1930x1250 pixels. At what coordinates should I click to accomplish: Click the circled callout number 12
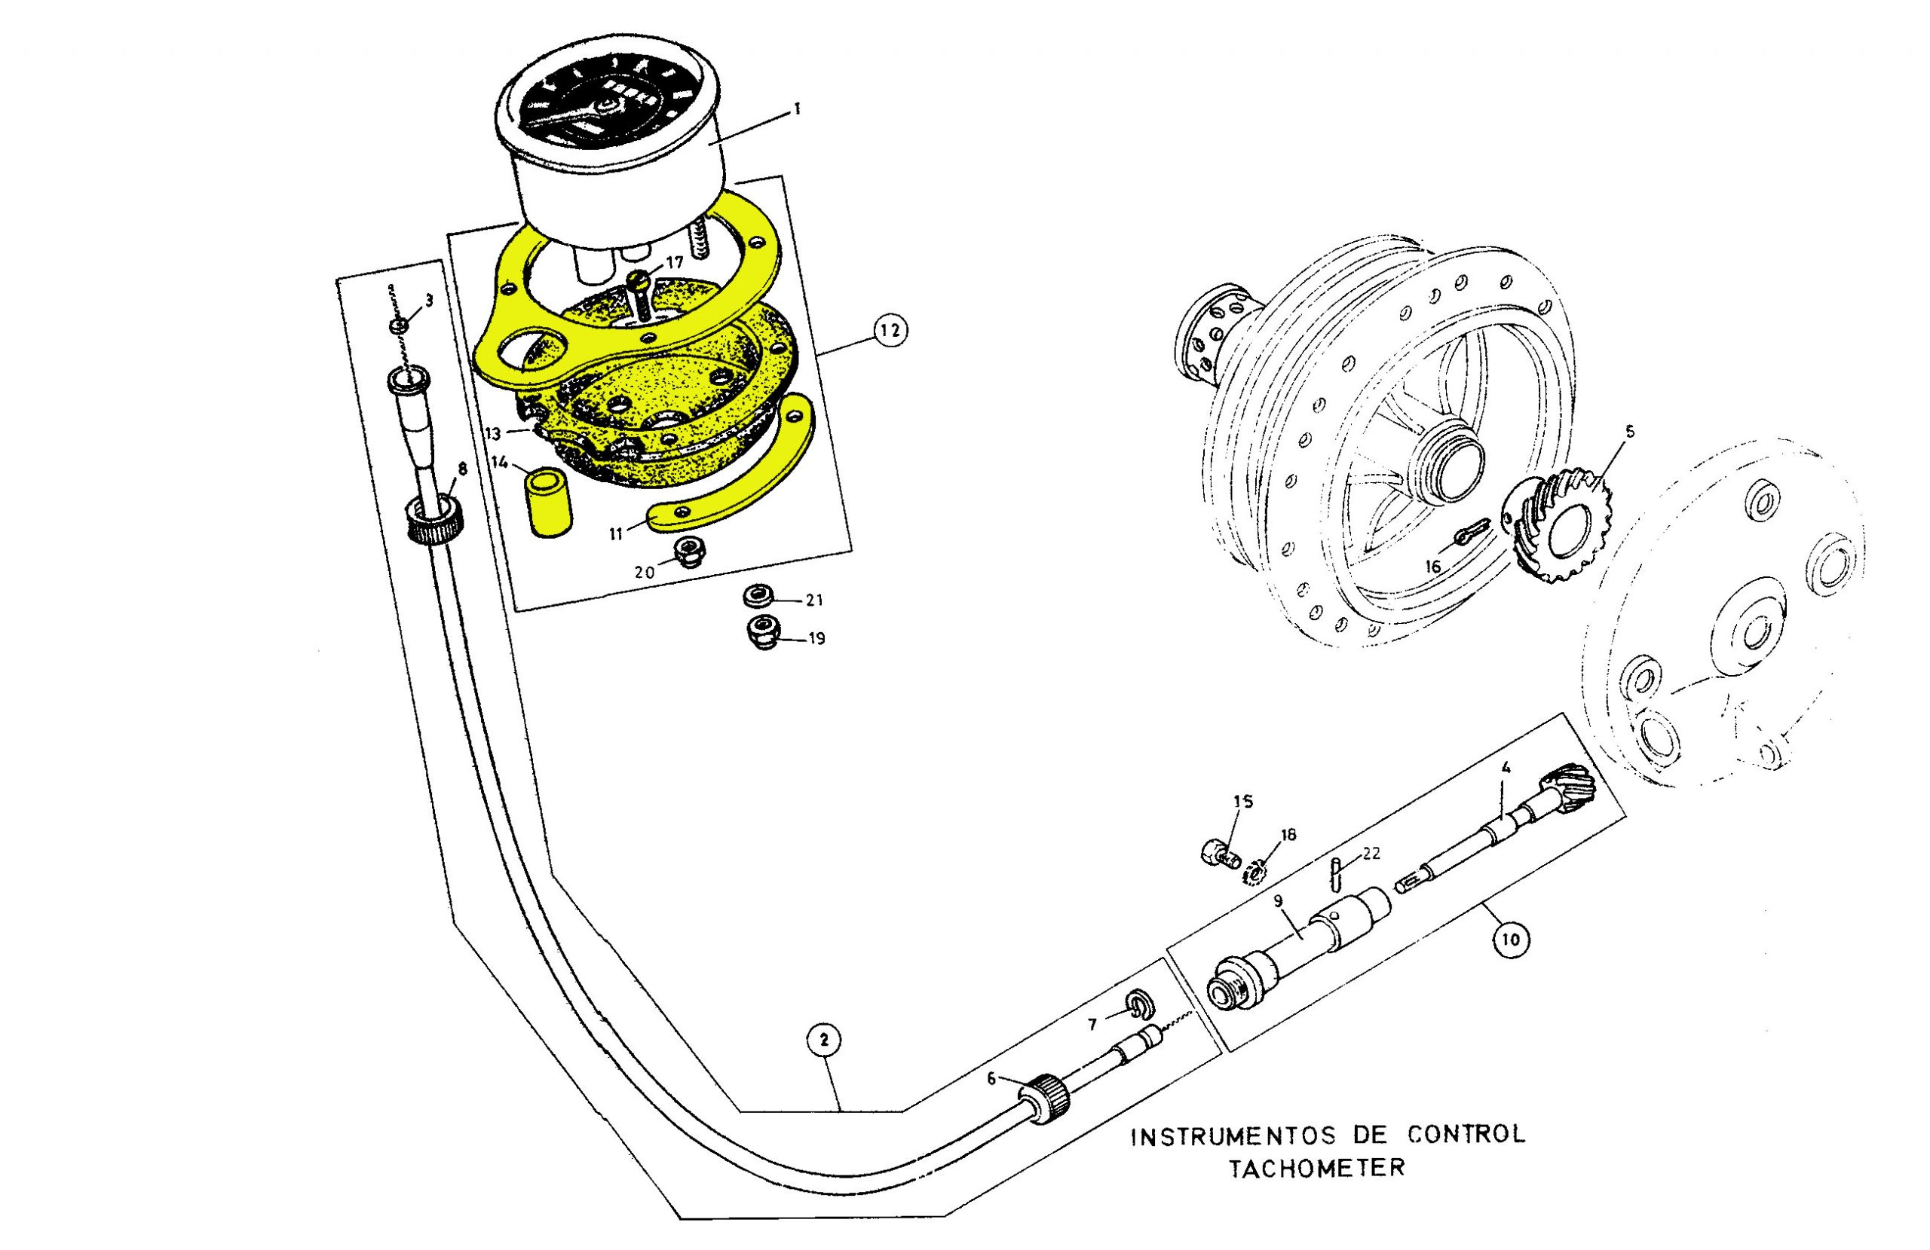(x=890, y=330)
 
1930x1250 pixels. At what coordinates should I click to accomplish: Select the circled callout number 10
(x=1509, y=940)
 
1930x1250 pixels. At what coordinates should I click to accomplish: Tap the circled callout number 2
(x=824, y=1040)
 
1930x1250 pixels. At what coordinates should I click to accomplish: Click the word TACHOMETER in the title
(x=1317, y=1169)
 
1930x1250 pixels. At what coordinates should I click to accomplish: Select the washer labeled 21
(x=758, y=597)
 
